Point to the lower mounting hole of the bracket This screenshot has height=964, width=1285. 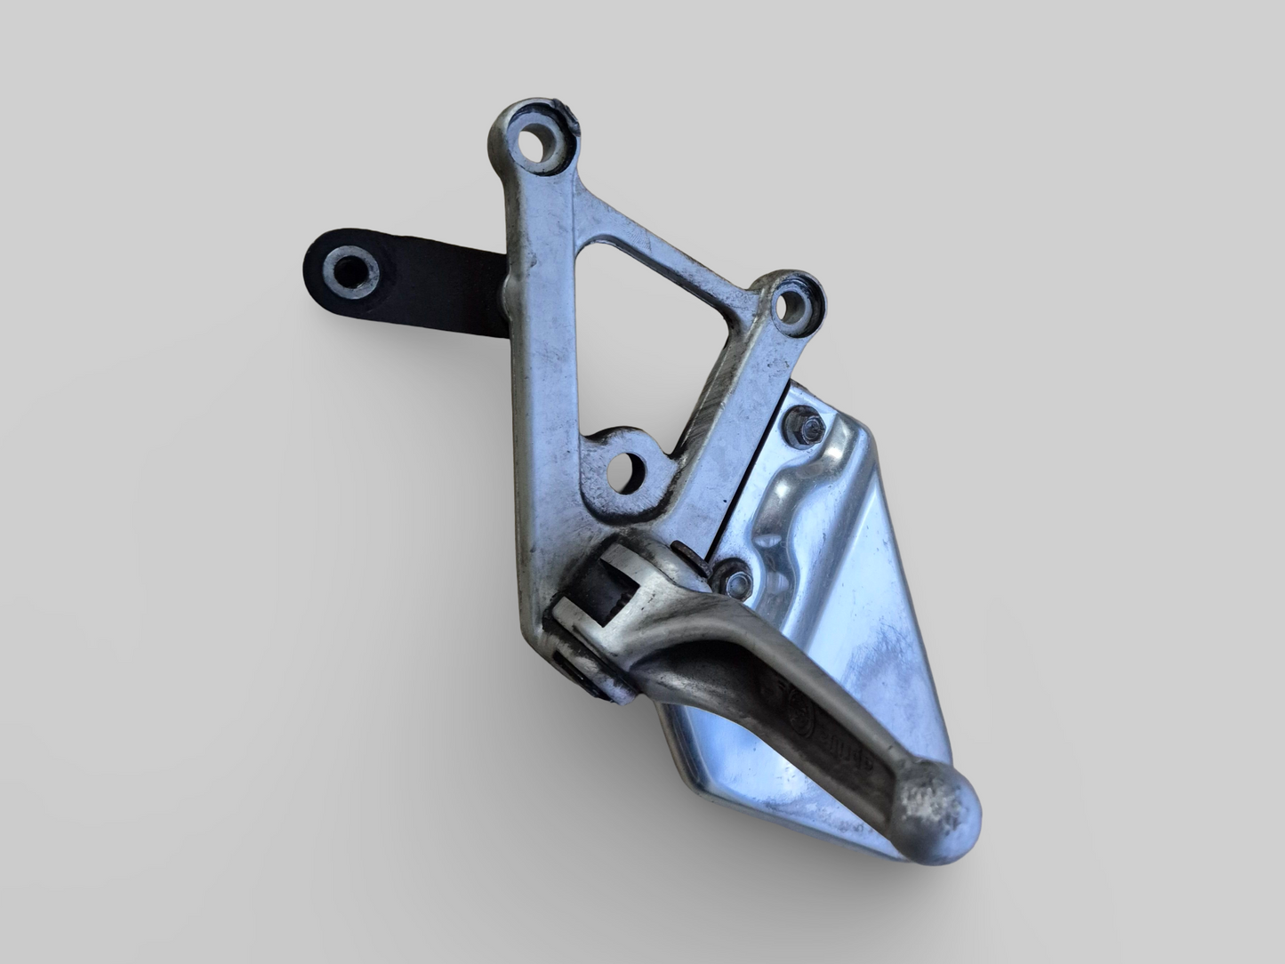[x=627, y=470]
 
